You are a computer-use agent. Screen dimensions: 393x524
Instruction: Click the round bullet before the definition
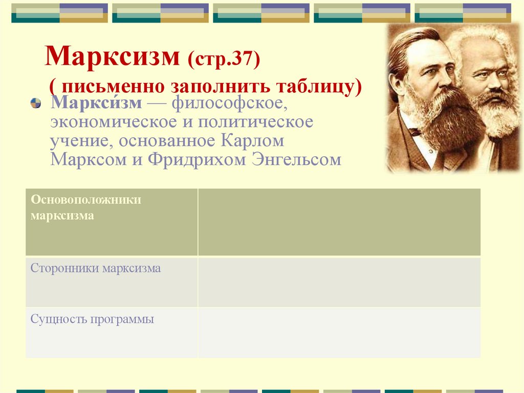pyautogui.click(x=36, y=105)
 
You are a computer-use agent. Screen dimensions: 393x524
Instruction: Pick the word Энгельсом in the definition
pyautogui.click(x=296, y=160)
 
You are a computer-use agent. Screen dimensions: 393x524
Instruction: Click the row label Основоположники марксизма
pyautogui.click(x=85, y=208)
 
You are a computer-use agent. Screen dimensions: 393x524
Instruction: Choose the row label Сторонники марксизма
pyautogui.click(x=96, y=268)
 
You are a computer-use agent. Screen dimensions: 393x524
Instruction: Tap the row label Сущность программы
pyautogui.click(x=92, y=320)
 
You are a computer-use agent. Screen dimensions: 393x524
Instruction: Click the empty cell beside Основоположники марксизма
pyautogui.click(x=339, y=222)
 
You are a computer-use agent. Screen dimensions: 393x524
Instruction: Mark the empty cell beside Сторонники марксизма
pyautogui.click(x=339, y=282)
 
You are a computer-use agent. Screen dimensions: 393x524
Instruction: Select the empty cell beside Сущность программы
pyautogui.click(x=339, y=332)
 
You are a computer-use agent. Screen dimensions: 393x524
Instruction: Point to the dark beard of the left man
pyautogui.click(x=445, y=123)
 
